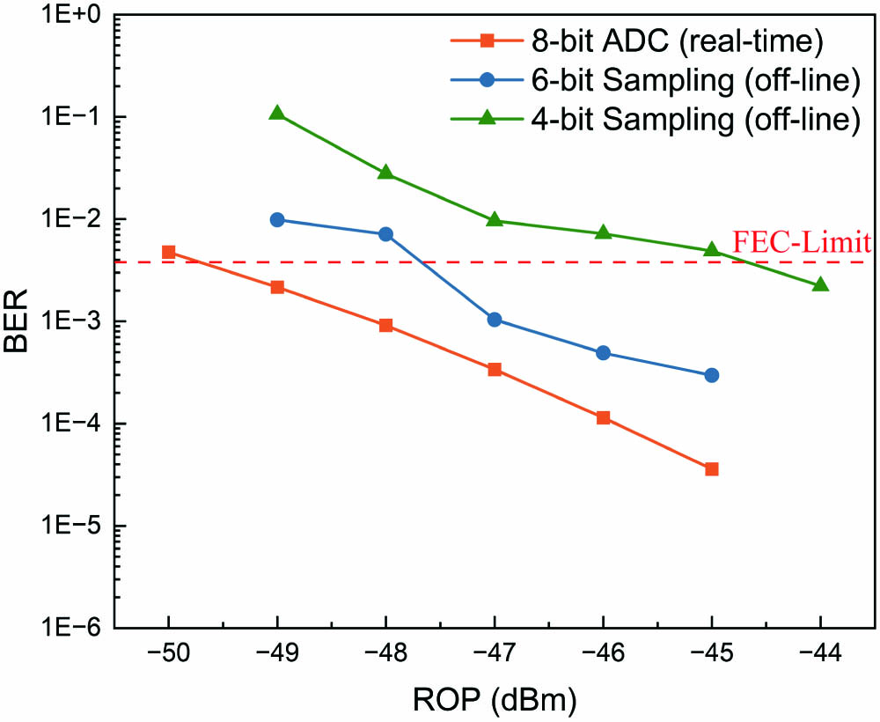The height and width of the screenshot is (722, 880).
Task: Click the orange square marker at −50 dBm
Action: coord(168,252)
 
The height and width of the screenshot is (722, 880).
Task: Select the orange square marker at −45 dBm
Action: coord(712,469)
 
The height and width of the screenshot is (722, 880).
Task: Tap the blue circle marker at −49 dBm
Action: coord(277,219)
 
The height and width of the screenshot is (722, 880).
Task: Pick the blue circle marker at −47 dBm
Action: coord(495,320)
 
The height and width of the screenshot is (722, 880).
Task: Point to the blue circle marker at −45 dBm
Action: coord(712,375)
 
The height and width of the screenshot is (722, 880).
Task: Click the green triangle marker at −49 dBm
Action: coord(277,113)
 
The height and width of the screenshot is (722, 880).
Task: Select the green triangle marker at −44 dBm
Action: coord(821,284)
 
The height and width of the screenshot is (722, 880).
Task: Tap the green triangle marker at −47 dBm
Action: coord(495,220)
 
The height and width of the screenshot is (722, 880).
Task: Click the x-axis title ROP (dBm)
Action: coord(494,701)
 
